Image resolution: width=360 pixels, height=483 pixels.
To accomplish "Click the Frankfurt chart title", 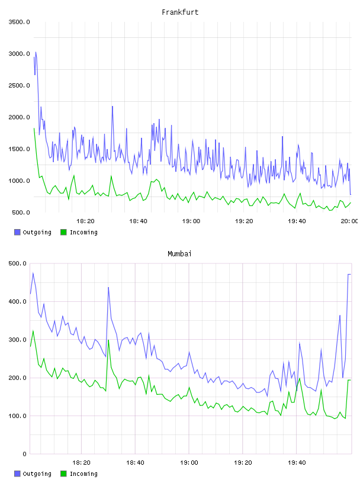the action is [x=180, y=12].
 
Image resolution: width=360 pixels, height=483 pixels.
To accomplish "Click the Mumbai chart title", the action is [x=179, y=254].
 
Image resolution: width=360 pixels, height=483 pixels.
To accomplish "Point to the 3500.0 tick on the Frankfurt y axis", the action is [x=19, y=22].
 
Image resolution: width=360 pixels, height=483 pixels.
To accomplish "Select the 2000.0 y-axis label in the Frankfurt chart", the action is [x=19, y=117].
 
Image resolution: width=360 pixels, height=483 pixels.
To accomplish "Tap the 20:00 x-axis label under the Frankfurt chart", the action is [x=349, y=221].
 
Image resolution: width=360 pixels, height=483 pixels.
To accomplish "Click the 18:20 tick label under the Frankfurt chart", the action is [x=85, y=221].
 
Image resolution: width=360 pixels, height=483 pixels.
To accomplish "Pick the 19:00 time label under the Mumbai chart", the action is [x=189, y=463].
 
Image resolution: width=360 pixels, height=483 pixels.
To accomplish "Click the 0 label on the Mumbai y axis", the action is [x=24, y=454].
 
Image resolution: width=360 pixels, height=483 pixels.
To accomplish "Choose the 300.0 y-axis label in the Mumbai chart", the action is [x=17, y=340].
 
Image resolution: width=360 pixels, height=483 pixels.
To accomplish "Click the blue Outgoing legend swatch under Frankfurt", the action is [x=17, y=232].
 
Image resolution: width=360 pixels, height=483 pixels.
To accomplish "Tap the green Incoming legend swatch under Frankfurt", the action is [x=63, y=232].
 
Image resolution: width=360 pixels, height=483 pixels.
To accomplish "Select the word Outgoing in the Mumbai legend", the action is [x=37, y=474].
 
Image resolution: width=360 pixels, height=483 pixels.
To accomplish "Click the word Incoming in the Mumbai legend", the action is [x=83, y=474].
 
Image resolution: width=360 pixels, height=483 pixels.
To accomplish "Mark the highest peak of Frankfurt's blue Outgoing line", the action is [x=36, y=52].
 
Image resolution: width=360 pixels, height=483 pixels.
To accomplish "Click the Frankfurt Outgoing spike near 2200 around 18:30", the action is [x=112, y=107].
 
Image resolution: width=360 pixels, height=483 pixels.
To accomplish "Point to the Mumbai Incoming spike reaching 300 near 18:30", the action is [x=108, y=340].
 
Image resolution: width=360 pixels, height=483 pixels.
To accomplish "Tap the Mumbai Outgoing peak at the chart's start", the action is [x=33, y=273].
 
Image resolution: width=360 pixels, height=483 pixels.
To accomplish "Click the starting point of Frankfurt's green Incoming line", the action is [x=34, y=128].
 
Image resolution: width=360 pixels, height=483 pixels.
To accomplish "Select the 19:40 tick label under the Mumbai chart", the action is [x=297, y=463].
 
